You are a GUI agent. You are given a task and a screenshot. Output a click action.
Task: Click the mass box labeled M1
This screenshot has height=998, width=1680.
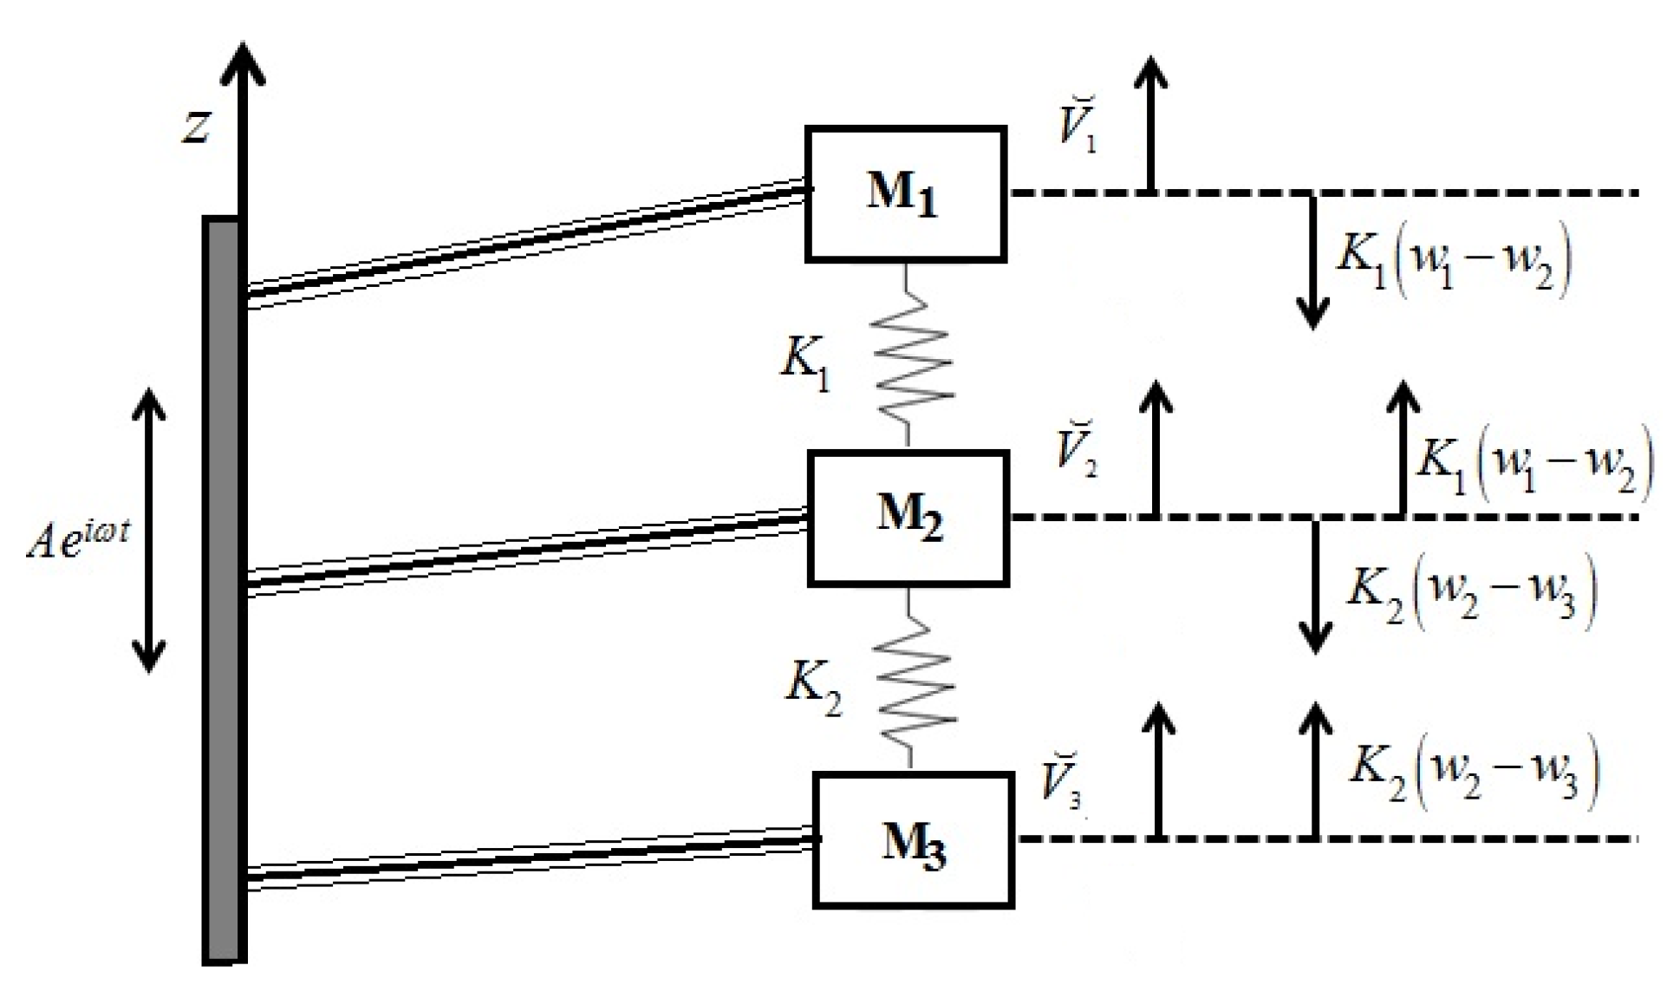tap(905, 193)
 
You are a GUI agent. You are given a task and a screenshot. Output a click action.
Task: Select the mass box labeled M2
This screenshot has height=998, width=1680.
tap(908, 518)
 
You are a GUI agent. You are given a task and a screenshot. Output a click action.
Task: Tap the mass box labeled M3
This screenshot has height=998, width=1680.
tap(913, 839)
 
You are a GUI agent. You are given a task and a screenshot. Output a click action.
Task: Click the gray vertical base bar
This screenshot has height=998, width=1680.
tap(223, 590)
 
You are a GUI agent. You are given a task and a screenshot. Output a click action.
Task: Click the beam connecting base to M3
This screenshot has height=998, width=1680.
tap(529, 858)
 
